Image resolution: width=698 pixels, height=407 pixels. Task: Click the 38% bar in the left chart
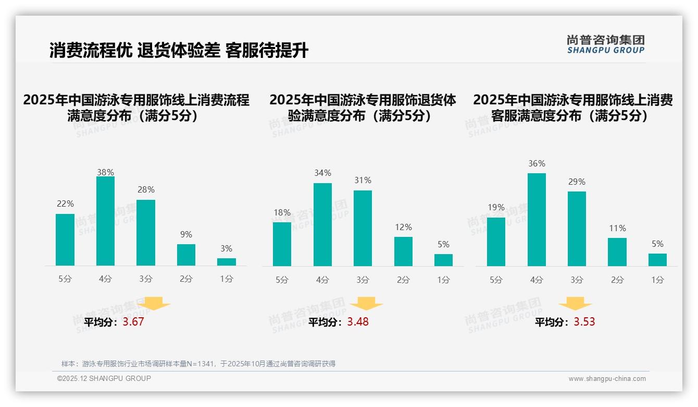105,221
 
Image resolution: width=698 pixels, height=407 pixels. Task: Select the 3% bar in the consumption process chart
227,262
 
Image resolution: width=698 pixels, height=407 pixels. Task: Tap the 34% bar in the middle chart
322,224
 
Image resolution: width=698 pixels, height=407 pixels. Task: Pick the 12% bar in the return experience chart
403,252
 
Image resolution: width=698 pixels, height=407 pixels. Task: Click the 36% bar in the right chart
537,220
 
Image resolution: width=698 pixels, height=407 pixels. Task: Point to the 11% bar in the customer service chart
617,252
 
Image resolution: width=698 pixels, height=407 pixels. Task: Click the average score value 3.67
133,322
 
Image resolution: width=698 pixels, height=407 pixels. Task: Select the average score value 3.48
358,322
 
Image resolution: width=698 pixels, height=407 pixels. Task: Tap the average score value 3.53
584,322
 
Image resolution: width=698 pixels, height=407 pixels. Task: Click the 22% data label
65,203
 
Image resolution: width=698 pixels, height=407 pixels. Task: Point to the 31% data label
363,180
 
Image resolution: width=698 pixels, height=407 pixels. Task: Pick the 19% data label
496,207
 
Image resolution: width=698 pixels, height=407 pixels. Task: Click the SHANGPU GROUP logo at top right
606,44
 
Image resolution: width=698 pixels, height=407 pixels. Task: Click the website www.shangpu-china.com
607,379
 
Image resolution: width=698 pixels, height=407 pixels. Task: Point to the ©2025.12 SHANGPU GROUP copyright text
104,378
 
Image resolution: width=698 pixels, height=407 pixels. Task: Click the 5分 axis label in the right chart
496,280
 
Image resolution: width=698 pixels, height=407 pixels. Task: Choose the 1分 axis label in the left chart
227,279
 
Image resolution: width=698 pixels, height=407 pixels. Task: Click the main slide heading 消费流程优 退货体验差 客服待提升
179,51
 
